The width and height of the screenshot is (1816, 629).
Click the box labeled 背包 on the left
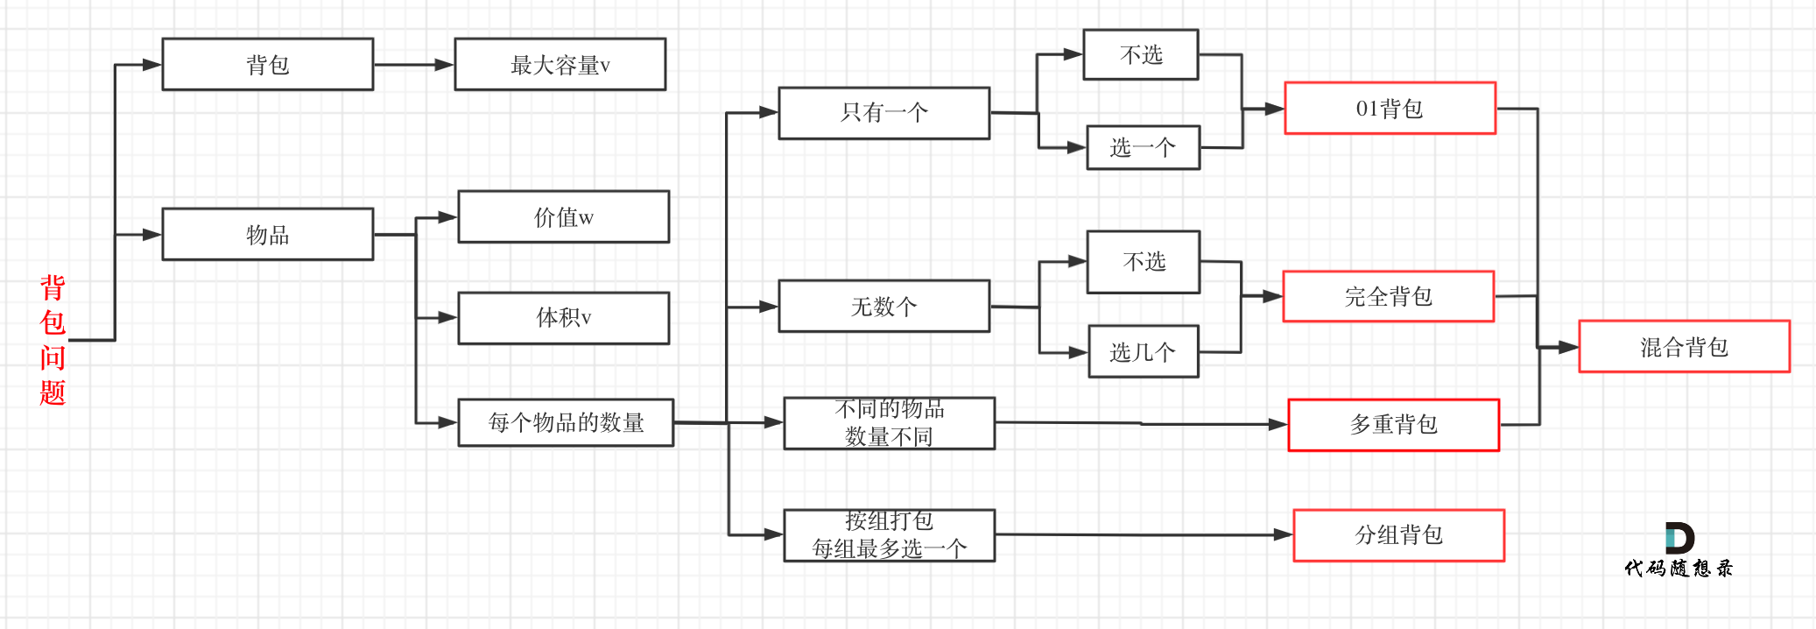268,64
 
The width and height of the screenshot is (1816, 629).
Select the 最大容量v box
560,64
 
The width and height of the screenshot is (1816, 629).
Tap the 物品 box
268,234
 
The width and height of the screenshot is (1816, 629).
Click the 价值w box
564,216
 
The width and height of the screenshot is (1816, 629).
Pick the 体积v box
564,317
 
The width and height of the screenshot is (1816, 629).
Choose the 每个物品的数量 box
566,422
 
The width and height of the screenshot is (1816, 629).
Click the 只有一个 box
884,112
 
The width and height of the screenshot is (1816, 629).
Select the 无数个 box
884,306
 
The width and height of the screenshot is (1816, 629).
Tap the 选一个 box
1143,147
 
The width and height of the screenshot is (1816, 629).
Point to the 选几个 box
1143,351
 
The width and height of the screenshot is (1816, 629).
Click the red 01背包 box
1390,108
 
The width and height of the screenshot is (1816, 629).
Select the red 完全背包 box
1389,296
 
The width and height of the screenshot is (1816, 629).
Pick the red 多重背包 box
1394,425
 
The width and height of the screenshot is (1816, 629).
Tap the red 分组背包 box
1398,534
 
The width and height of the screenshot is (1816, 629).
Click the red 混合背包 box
1684,346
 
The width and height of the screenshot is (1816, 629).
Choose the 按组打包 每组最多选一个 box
889,534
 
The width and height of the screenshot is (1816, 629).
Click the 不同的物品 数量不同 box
889,422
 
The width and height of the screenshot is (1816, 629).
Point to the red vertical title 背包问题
53,339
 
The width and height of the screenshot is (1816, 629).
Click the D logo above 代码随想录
1679,538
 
